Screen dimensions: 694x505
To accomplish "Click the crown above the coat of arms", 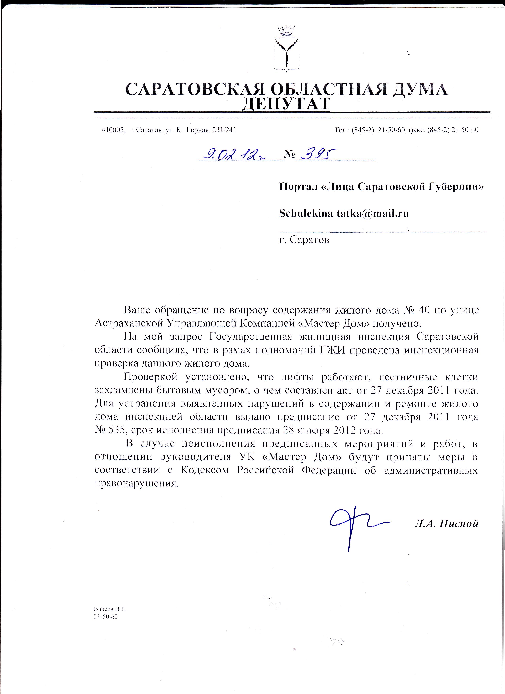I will pos(286,31).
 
